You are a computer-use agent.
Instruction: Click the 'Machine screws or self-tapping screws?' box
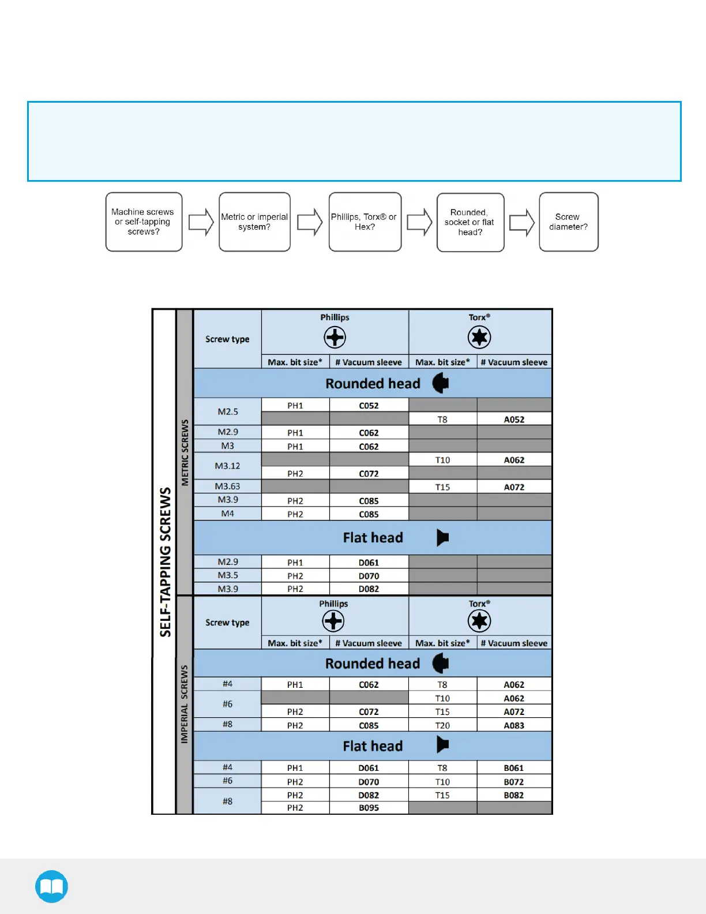point(144,222)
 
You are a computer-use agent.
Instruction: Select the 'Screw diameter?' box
point(568,222)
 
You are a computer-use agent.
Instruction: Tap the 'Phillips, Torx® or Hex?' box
point(365,222)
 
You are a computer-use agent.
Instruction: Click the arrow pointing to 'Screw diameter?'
point(521,223)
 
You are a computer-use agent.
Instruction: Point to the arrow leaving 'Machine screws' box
point(201,222)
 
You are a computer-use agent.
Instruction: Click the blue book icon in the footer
point(51,886)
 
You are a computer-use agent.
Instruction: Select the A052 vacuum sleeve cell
point(514,419)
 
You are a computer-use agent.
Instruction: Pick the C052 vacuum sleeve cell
point(369,406)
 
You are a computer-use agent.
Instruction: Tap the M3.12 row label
point(227,466)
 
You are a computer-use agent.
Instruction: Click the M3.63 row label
point(227,486)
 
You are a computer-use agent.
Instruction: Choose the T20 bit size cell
point(442,725)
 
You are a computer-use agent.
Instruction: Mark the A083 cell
point(514,725)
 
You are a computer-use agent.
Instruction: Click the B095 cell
point(369,808)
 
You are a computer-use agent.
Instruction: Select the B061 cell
point(514,768)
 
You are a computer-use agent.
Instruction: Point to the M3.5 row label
point(227,575)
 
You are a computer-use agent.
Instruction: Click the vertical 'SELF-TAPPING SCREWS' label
point(166,562)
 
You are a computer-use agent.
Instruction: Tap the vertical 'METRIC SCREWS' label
point(185,452)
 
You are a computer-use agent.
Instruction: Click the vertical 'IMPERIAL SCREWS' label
point(185,704)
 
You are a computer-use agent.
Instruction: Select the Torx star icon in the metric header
point(479,337)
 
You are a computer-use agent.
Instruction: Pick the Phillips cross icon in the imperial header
point(333,621)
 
